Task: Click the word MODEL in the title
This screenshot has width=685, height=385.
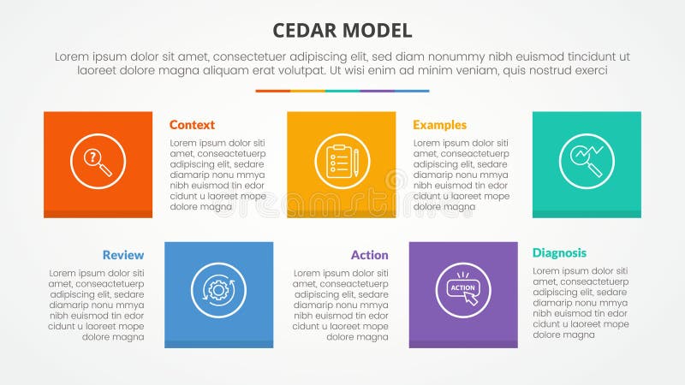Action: click(x=376, y=31)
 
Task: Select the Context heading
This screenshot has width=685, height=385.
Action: click(x=192, y=124)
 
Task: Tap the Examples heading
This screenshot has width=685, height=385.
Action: click(x=439, y=124)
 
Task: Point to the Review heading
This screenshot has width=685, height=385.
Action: click(x=123, y=255)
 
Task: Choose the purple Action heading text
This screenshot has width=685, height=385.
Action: click(x=369, y=255)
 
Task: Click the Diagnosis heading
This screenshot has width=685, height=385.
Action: click(x=559, y=252)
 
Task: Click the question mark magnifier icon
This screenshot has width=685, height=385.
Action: click(x=98, y=161)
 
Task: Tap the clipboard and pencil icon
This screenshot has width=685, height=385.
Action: click(x=342, y=161)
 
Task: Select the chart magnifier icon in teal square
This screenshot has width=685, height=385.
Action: click(x=587, y=161)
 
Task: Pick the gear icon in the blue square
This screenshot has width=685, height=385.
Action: click(x=218, y=291)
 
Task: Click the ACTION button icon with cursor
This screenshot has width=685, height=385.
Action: click(x=462, y=290)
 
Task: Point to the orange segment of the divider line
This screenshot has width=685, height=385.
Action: click(x=272, y=91)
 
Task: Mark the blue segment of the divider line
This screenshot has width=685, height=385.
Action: click(x=412, y=91)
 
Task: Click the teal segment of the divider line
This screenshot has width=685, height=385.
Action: click(x=342, y=91)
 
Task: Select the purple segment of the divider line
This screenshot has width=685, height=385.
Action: click(x=377, y=91)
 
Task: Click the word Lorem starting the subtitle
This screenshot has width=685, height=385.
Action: click(x=72, y=56)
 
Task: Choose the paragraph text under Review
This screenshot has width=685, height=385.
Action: click(x=97, y=305)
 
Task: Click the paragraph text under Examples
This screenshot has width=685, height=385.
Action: click(x=460, y=175)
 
